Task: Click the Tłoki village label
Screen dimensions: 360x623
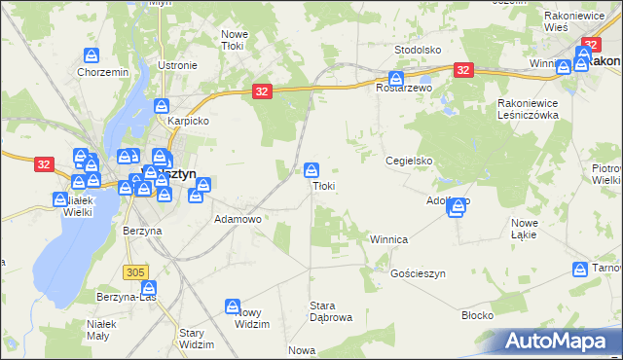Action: (x=323, y=186)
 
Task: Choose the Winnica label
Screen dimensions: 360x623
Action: (x=388, y=238)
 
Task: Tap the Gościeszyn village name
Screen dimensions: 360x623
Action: (x=417, y=274)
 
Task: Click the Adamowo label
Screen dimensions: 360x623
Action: (x=238, y=220)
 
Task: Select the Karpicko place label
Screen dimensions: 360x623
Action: (x=189, y=122)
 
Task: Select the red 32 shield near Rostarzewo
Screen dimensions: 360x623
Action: (x=463, y=70)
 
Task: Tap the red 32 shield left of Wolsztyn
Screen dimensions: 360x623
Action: (x=43, y=164)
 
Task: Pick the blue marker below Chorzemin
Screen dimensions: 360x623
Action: (x=92, y=55)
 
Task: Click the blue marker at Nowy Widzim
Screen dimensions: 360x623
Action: (x=234, y=306)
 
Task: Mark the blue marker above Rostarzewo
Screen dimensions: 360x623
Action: (x=396, y=78)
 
